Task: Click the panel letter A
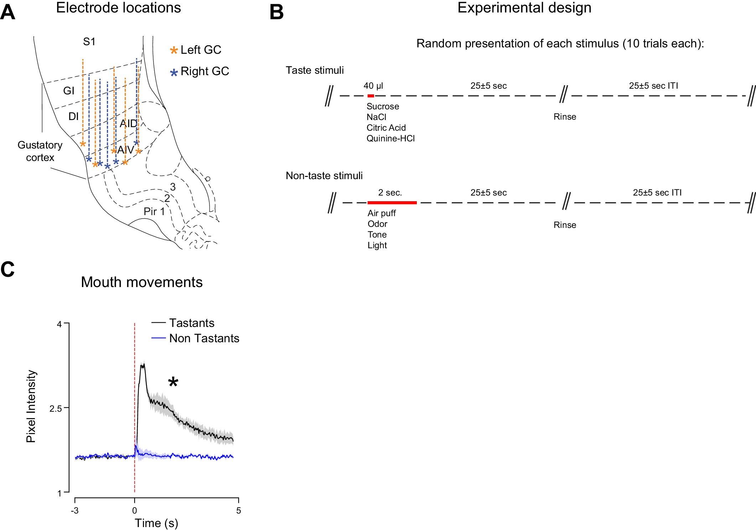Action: pos(8,12)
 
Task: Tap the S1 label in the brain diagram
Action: pos(89,42)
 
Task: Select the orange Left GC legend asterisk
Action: pos(174,50)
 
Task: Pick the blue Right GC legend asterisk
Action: pos(174,73)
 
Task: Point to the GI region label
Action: pos(69,91)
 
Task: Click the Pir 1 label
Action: pos(154,212)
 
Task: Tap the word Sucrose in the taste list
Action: pos(383,106)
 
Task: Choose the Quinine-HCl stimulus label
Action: pos(390,139)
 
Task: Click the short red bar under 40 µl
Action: pos(371,96)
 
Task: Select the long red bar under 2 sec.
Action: pos(392,203)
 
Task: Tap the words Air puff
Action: pos(382,213)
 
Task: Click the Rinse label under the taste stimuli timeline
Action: pos(565,117)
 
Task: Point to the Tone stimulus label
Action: pos(377,235)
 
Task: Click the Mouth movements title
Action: pos(142,282)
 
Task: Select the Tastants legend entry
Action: pos(192,323)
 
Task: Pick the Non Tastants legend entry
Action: pos(204,338)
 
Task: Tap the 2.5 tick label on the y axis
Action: pos(56,408)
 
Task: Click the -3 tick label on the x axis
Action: pos(74,511)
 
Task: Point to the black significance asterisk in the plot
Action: pos(173,382)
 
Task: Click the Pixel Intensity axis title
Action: pos(31,406)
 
